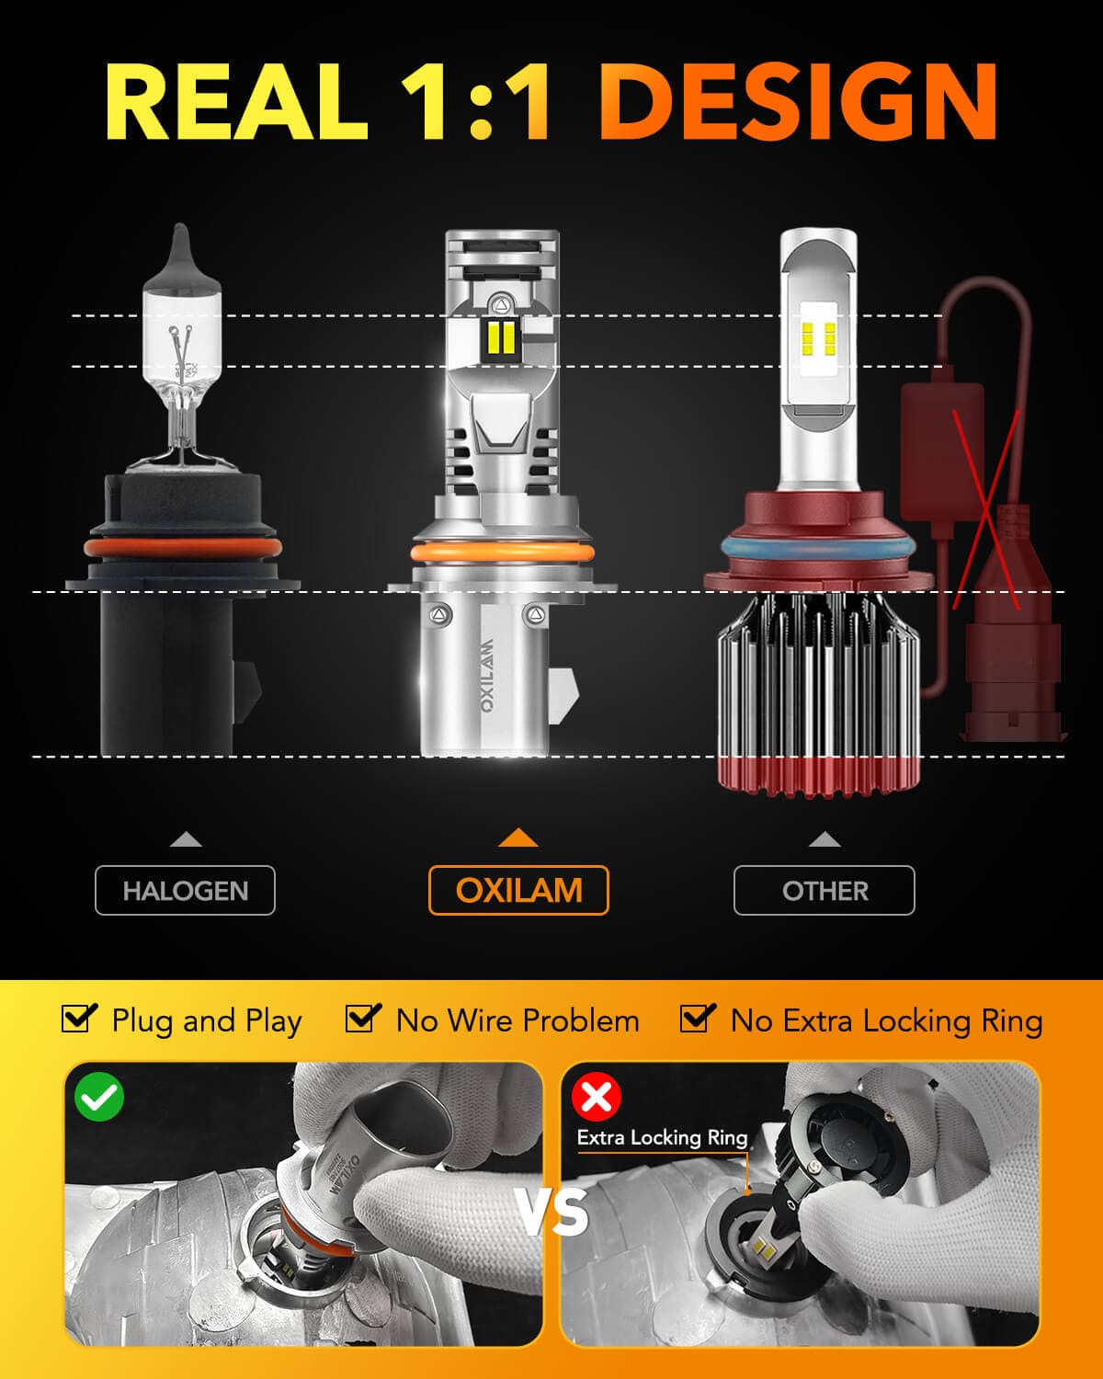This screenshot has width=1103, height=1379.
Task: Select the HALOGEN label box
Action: (x=185, y=890)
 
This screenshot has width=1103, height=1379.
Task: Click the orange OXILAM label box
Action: (x=518, y=890)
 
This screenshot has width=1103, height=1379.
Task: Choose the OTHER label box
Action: (x=824, y=890)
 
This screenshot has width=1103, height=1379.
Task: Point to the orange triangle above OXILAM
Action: (x=517, y=838)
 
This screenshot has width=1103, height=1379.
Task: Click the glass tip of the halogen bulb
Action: (x=182, y=248)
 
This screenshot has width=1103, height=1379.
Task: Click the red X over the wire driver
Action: (x=986, y=510)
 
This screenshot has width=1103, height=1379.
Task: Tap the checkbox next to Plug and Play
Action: (x=79, y=1019)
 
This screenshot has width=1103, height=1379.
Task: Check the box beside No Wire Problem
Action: (x=363, y=1019)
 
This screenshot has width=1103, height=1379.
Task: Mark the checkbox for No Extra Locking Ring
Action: (x=698, y=1019)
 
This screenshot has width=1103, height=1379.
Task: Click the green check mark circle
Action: (x=99, y=1097)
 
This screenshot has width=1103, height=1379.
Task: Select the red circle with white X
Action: (x=597, y=1096)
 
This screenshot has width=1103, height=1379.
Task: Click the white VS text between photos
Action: (x=552, y=1213)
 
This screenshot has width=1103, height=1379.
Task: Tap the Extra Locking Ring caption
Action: (x=662, y=1138)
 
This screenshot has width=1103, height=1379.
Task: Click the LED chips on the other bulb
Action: (x=819, y=337)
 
